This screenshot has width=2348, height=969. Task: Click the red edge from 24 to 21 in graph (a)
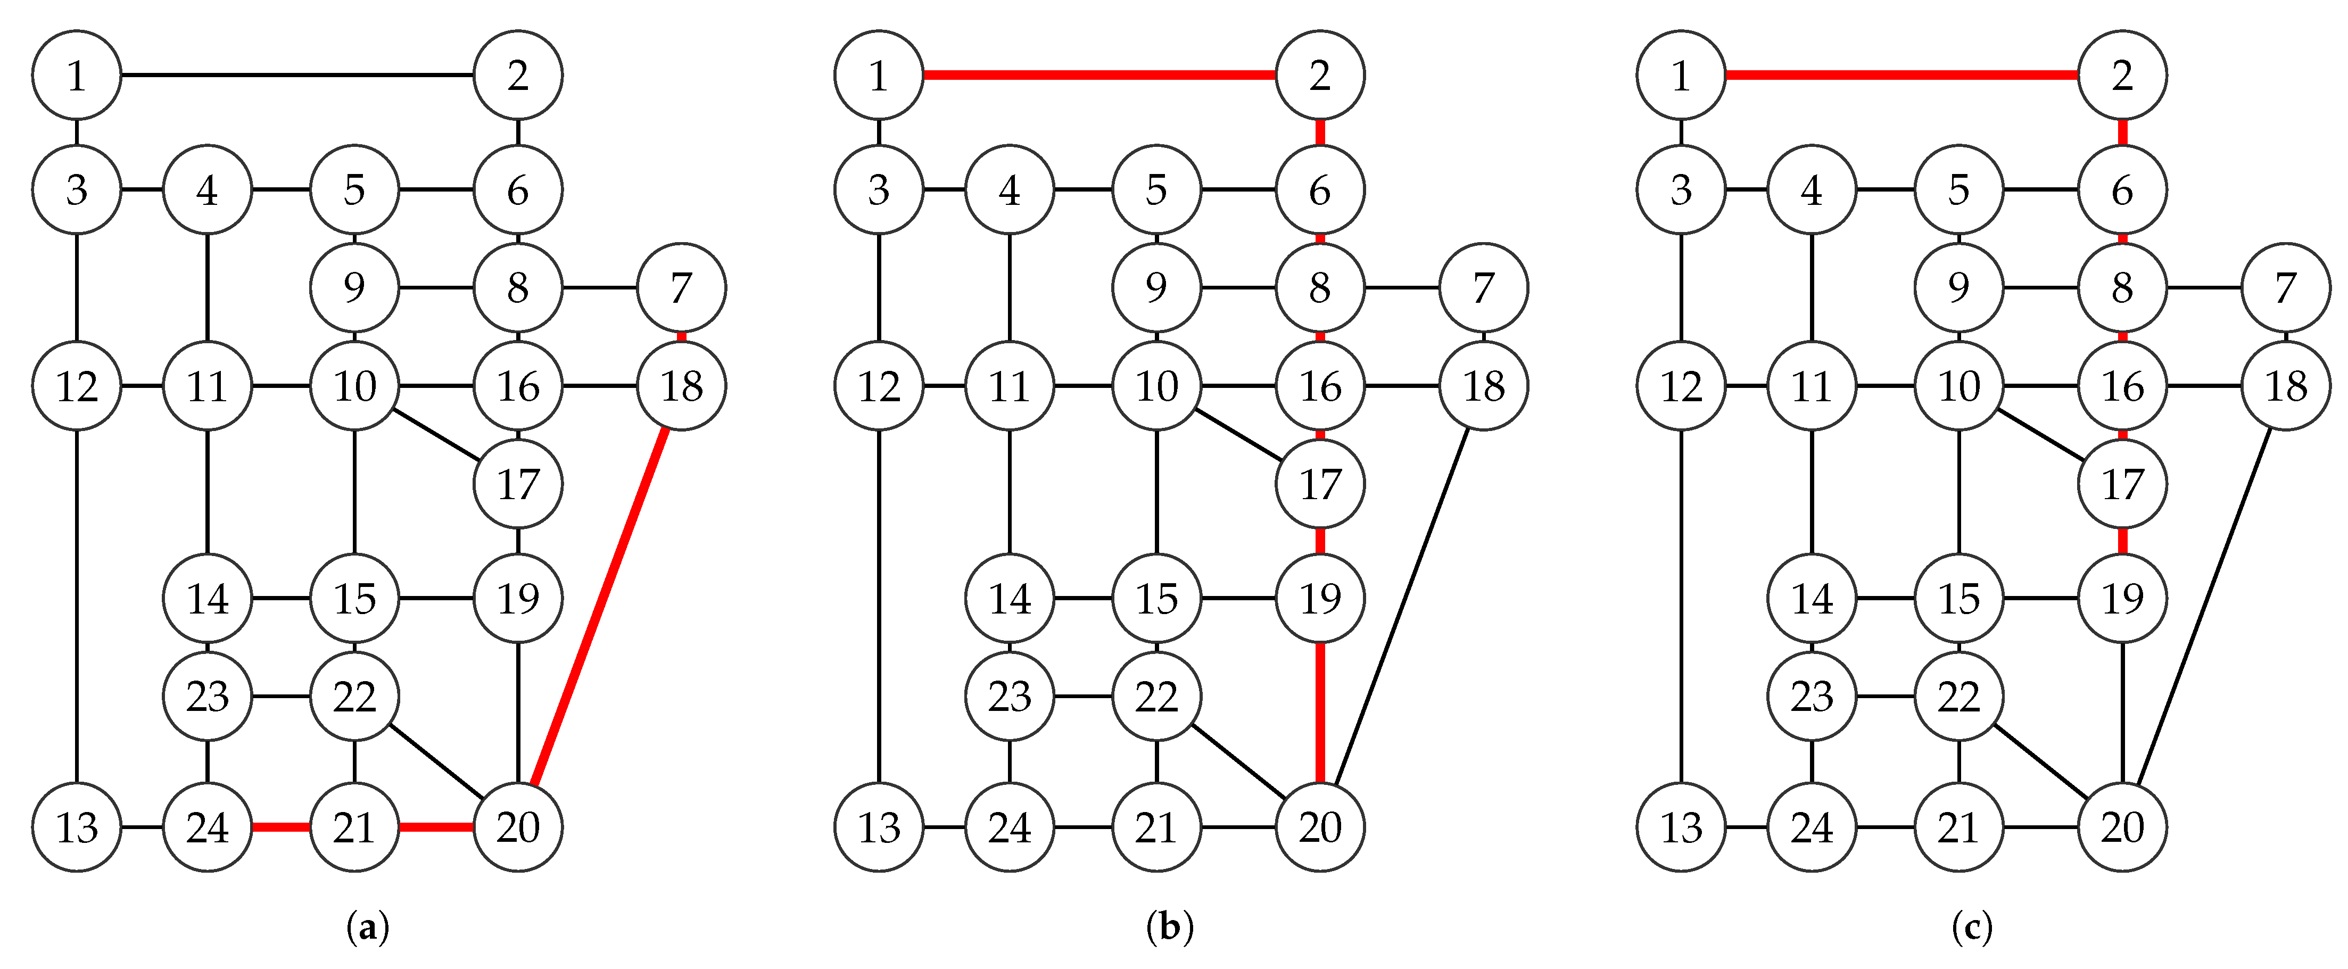coord(281,827)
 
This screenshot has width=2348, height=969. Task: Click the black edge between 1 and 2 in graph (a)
coord(297,74)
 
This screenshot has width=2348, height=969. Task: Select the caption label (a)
coord(368,928)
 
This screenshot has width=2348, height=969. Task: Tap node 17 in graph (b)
coord(1320,484)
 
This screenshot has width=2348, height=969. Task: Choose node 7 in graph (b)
coord(1483,288)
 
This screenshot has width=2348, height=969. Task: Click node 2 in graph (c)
coord(2122,74)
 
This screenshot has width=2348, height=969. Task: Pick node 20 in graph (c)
coord(2122,827)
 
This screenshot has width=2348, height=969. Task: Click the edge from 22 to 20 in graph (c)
coord(2040,762)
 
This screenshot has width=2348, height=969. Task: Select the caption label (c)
coord(1972,928)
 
